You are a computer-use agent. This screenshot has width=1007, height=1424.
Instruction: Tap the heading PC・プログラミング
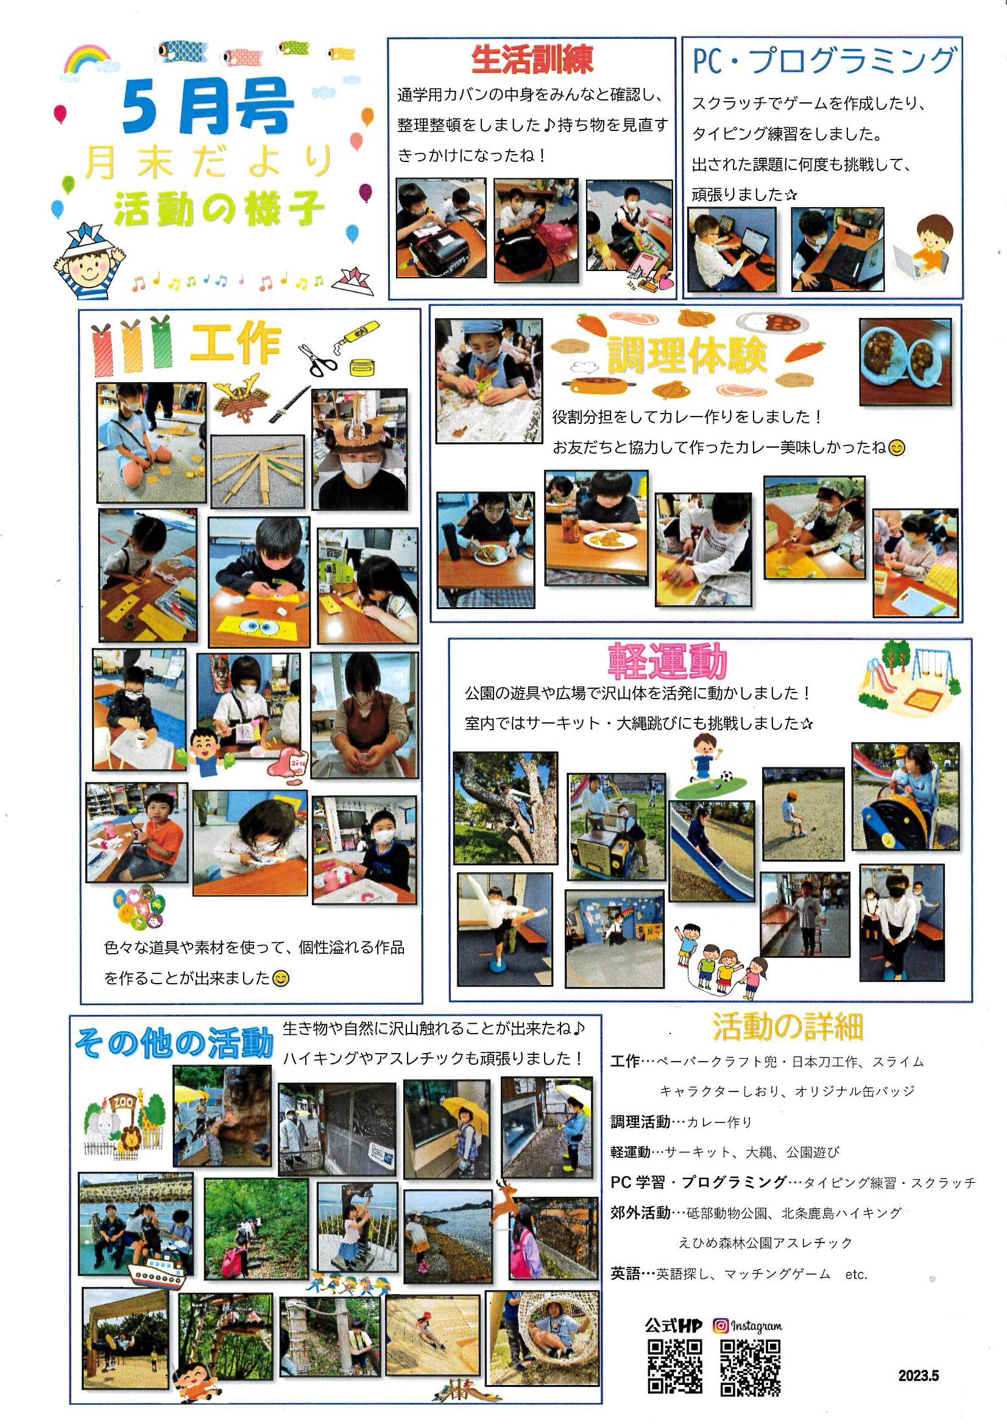pos(823,61)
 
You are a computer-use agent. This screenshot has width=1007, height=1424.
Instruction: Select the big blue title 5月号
pos(207,107)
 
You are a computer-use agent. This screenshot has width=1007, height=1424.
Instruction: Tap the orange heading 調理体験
pos(687,355)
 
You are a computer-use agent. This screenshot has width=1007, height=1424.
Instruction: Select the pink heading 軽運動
pos(667,661)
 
